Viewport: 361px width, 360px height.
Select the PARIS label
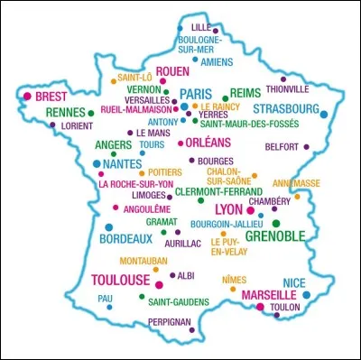coord(195,93)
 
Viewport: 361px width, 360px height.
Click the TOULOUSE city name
coord(120,281)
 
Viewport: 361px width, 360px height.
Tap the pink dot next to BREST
coord(27,96)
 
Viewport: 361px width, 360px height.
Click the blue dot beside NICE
coord(307,294)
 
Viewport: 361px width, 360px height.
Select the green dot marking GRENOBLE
coord(276,223)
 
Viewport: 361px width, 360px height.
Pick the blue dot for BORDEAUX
coord(108,227)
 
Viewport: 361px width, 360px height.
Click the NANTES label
coord(121,164)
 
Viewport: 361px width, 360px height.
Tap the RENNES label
coord(65,112)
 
